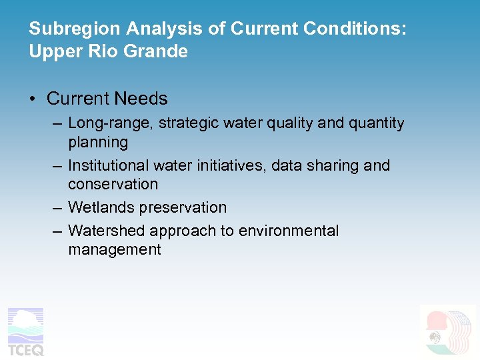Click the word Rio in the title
coord(108,51)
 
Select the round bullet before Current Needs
coord(33,99)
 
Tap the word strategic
coord(183,123)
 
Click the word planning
coord(97,142)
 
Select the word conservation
coord(113,184)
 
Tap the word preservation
coord(183,208)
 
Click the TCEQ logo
coord(25,331)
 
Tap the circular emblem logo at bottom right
coord(449,331)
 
